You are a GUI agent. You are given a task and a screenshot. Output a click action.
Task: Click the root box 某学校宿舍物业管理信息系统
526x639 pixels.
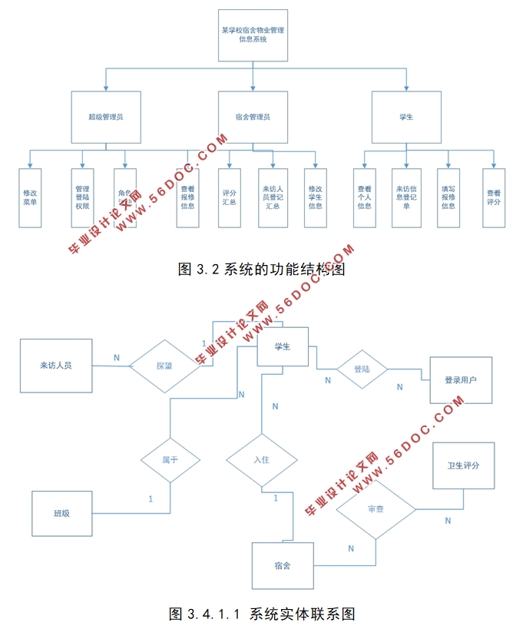click(253, 35)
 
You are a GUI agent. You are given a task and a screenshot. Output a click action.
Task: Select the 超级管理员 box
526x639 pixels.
click(106, 117)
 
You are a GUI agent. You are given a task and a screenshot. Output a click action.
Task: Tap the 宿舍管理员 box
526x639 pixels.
click(253, 117)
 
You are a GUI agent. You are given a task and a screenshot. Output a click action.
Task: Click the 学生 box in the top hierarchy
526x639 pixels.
click(406, 117)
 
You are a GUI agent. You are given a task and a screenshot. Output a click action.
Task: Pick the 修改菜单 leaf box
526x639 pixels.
click(30, 197)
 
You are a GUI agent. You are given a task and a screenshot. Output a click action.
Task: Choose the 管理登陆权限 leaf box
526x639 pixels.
click(82, 197)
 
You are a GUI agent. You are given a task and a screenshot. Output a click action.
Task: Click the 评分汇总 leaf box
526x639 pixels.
click(229, 197)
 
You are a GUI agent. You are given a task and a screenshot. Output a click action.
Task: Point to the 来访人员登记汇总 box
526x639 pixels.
click(271, 197)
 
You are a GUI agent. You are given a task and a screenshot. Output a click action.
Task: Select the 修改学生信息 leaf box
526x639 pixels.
click(315, 197)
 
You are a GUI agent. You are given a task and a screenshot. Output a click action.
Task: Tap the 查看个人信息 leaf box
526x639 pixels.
click(364, 197)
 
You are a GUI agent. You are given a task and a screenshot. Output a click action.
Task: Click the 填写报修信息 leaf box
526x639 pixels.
click(448, 197)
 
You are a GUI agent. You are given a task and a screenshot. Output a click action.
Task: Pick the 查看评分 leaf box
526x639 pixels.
click(493, 197)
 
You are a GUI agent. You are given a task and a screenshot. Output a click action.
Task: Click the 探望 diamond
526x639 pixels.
click(164, 366)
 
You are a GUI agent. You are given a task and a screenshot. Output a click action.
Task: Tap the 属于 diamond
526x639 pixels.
click(170, 461)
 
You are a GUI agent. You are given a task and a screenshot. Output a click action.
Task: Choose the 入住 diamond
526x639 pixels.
click(262, 461)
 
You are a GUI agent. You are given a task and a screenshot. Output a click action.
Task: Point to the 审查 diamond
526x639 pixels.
click(376, 510)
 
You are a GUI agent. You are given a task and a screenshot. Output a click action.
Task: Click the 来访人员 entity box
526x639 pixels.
click(56, 366)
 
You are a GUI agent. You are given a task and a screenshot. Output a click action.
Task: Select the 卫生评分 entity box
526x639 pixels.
click(463, 466)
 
